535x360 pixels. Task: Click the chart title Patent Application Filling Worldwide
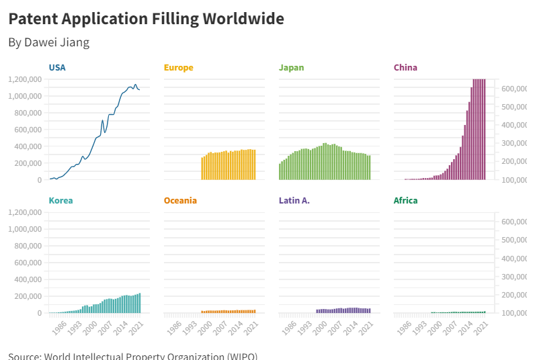click(x=146, y=19)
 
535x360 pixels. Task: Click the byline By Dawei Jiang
click(x=48, y=42)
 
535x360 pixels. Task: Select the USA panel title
click(x=57, y=67)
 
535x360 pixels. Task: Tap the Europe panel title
click(x=178, y=67)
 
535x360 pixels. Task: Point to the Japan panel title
click(x=291, y=67)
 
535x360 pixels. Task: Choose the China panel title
click(x=405, y=67)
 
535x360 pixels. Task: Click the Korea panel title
click(x=60, y=200)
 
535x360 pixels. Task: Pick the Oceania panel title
click(x=180, y=200)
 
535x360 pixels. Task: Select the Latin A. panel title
click(x=294, y=200)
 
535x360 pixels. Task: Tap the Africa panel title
click(x=405, y=200)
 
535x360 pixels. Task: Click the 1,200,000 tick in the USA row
click(x=26, y=79)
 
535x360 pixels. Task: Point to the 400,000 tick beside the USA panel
click(x=28, y=146)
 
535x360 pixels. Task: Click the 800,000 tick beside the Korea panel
click(x=28, y=246)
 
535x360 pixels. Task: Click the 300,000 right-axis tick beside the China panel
click(x=513, y=143)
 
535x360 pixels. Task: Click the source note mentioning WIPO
click(x=132, y=355)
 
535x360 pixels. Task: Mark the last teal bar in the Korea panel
click(x=140, y=303)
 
